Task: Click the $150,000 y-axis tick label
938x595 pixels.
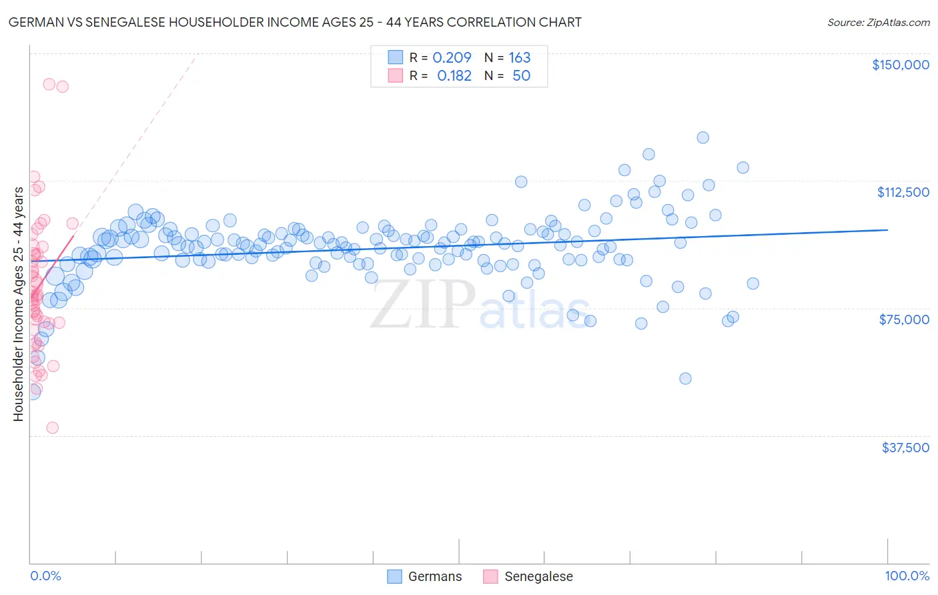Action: point(900,65)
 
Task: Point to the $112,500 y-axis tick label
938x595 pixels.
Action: point(903,192)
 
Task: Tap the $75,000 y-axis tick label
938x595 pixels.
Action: point(904,320)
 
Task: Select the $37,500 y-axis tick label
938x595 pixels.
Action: point(905,448)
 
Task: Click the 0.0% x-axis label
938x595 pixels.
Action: point(45,576)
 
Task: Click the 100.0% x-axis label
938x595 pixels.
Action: point(907,576)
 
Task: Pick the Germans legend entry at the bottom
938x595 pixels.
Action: point(424,576)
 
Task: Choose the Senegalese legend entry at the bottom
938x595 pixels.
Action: point(528,576)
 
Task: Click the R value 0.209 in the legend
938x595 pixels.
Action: point(452,58)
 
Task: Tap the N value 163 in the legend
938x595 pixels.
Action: point(519,58)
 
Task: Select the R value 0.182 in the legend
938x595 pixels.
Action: point(454,76)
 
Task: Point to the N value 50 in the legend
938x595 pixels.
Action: point(521,76)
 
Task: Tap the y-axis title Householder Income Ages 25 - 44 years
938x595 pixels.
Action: point(19,304)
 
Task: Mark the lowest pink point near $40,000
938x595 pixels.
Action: point(52,428)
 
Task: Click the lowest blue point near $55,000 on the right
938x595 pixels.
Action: point(685,378)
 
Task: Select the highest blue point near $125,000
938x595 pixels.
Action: point(702,137)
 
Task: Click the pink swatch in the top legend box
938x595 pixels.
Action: point(395,76)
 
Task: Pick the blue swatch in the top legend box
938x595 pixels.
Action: point(395,58)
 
